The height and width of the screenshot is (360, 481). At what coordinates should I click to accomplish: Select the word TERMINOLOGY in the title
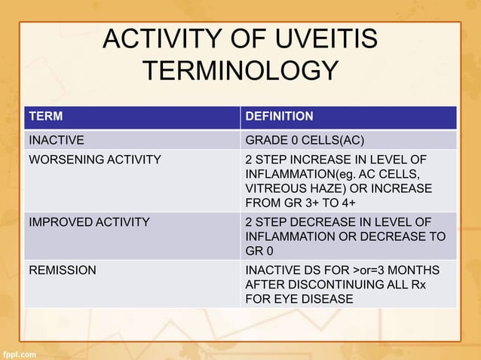tap(240, 71)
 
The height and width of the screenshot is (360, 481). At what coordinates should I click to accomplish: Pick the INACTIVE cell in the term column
tap(56, 140)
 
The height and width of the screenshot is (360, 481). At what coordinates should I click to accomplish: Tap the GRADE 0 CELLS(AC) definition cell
tap(305, 140)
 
